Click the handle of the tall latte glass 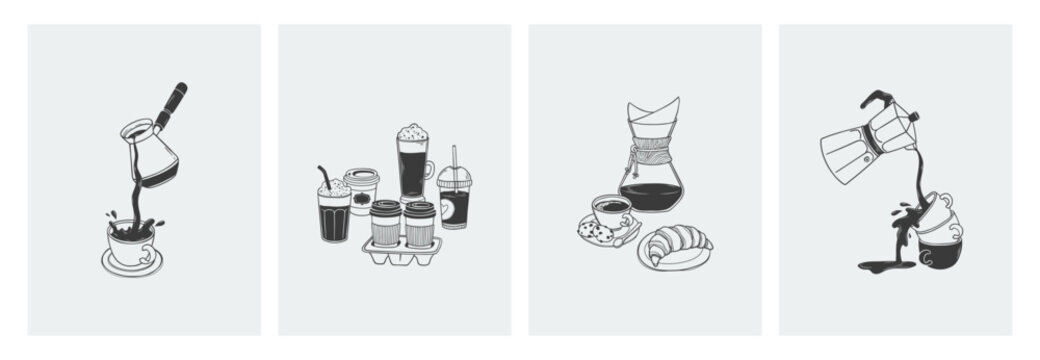pyautogui.click(x=430, y=170)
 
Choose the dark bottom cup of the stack pyautogui.click(x=940, y=253)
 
